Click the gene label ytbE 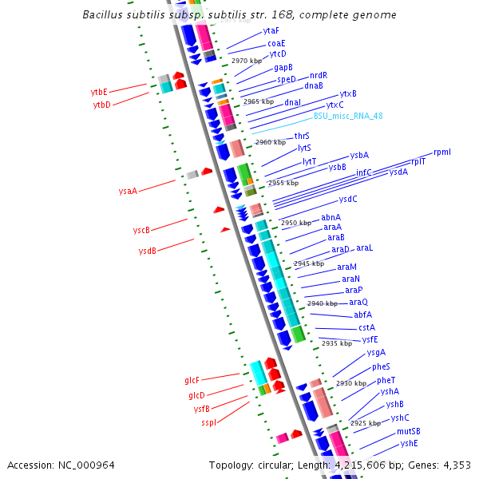99,92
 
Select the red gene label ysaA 128,191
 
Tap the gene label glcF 192,381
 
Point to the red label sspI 208,422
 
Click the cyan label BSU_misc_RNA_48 348,116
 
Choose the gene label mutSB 408,431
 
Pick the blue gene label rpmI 441,152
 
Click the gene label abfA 362,315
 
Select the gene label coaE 276,42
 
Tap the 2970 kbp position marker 246,61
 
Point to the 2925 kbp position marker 365,423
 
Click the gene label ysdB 147,251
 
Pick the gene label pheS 381,366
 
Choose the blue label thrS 302,136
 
